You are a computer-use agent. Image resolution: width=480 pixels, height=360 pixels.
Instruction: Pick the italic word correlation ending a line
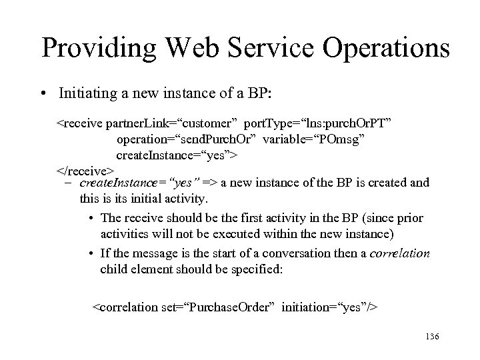[x=398, y=253]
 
